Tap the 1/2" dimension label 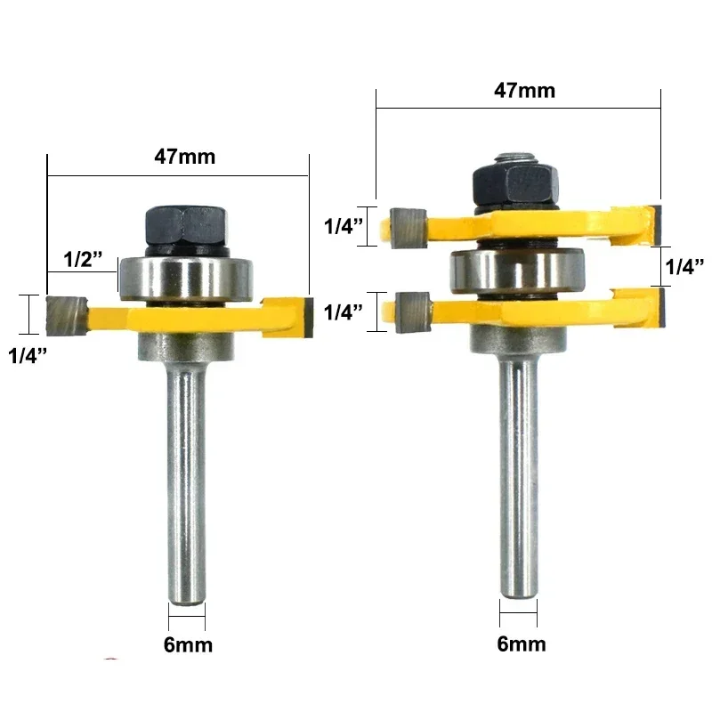point(84,259)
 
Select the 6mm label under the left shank point(187,643)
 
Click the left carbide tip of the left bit point(65,311)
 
